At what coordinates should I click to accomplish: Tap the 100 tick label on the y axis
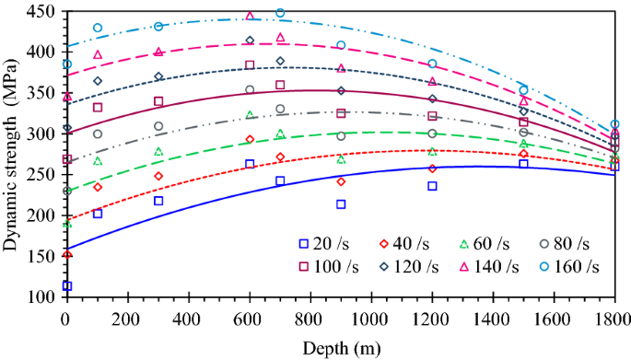click(41, 296)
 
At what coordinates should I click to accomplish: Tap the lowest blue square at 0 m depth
click(66, 286)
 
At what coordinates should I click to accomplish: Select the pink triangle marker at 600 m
click(250, 16)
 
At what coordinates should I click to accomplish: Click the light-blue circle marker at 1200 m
click(432, 64)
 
